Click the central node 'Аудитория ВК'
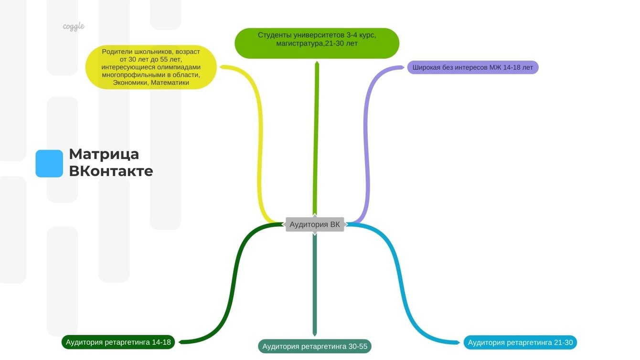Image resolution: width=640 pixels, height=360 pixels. click(315, 224)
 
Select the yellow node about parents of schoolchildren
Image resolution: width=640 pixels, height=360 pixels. click(151, 67)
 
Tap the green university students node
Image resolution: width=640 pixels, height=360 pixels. click(317, 43)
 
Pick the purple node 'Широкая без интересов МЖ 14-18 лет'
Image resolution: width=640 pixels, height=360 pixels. click(472, 67)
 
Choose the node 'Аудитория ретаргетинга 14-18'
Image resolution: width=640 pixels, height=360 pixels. click(118, 342)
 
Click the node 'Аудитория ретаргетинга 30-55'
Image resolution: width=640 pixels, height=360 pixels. click(315, 346)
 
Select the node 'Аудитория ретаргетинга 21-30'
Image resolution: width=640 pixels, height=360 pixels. click(520, 342)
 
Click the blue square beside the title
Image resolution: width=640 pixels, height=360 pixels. click(49, 163)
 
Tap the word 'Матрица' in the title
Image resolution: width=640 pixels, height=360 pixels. click(104, 154)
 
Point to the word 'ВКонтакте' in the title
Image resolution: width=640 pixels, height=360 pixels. click(111, 171)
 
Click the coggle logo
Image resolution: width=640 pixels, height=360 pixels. click(74, 26)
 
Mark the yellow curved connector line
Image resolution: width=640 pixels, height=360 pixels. click(261, 143)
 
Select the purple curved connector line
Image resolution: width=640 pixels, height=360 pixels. click(367, 143)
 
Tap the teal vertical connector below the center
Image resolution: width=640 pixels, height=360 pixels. click(315, 286)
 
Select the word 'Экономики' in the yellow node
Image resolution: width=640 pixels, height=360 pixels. click(130, 83)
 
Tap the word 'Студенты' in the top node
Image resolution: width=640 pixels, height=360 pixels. click(273, 35)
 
